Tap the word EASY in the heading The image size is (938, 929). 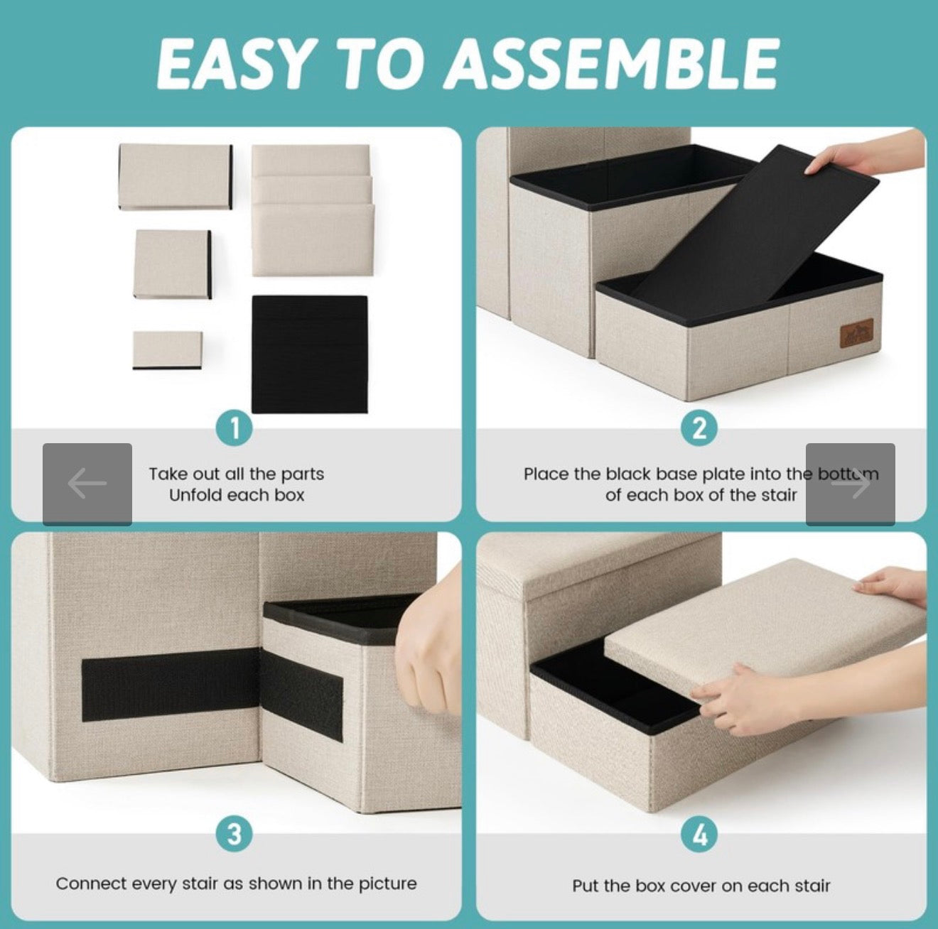click(x=234, y=65)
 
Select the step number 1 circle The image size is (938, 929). click(x=234, y=429)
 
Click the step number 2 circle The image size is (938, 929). click(x=699, y=429)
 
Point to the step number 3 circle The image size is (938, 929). click(x=234, y=834)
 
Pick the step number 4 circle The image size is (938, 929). click(x=699, y=834)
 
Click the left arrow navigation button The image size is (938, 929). click(x=87, y=484)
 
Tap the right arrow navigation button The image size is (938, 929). click(x=851, y=484)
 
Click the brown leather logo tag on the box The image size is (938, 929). click(x=857, y=333)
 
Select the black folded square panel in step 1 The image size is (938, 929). click(x=310, y=354)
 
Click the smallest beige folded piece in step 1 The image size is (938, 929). click(x=168, y=350)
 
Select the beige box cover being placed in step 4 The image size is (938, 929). click(x=764, y=628)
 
